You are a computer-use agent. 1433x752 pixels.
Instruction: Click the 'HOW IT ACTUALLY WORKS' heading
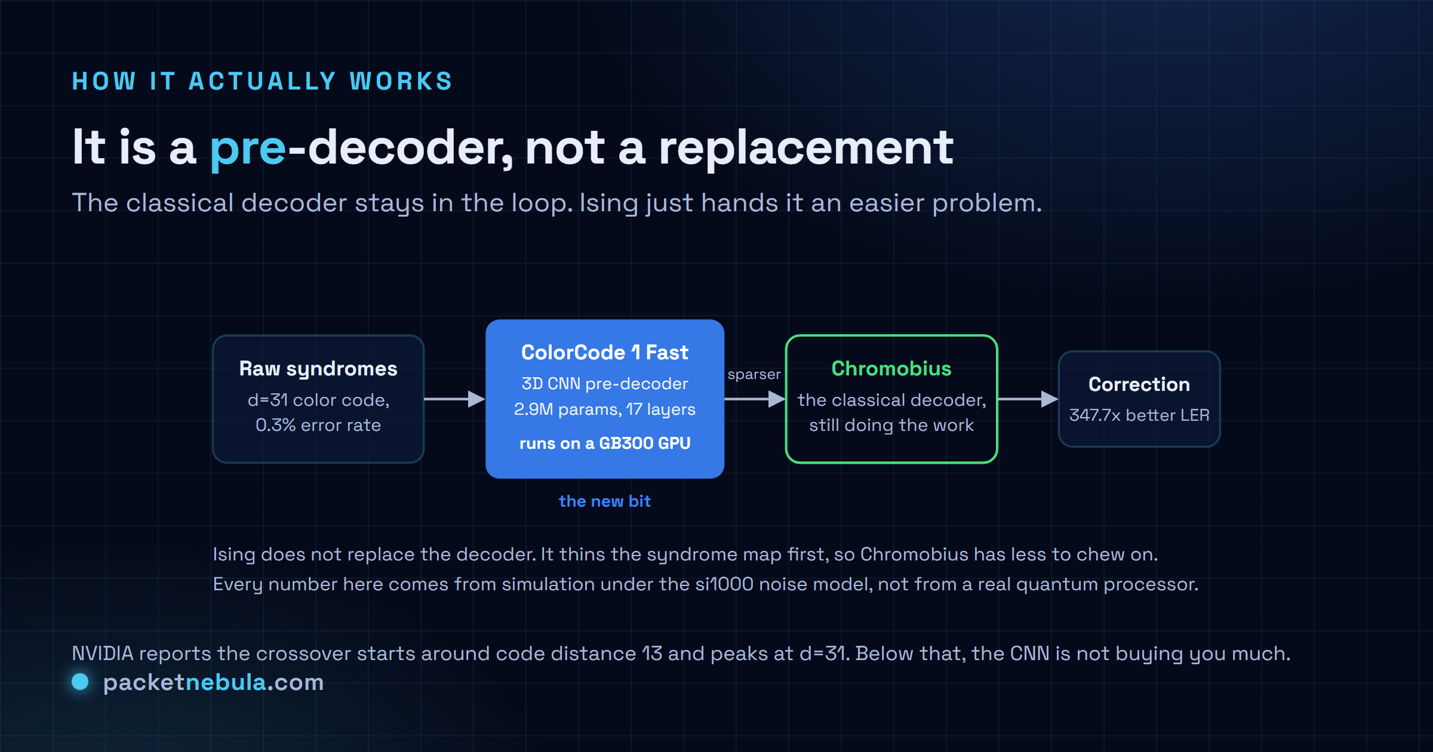pyautogui.click(x=262, y=81)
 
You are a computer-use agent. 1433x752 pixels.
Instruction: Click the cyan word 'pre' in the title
pyautogui.click(x=248, y=149)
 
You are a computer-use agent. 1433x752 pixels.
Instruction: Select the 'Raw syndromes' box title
pyautogui.click(x=318, y=369)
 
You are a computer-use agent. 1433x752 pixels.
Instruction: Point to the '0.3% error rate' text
pyautogui.click(x=318, y=425)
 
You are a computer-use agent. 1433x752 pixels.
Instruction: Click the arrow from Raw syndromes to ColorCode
pyautogui.click(x=454, y=399)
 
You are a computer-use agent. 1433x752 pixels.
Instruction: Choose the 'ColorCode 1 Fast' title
pyautogui.click(x=605, y=352)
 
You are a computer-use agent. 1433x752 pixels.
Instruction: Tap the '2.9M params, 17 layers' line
pyautogui.click(x=605, y=409)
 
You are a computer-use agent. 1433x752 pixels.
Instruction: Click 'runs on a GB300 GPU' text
pyautogui.click(x=605, y=443)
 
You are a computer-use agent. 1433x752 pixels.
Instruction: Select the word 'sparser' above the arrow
pyautogui.click(x=754, y=374)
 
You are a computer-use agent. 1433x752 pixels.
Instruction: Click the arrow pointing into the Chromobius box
pyautogui.click(x=755, y=399)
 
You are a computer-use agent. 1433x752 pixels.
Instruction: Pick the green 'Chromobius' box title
pyautogui.click(x=891, y=369)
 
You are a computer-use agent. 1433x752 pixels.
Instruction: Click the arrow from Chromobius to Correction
pyautogui.click(x=1028, y=399)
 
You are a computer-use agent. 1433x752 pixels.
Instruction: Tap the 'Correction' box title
pyautogui.click(x=1139, y=384)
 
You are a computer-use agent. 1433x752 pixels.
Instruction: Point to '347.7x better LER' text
pyautogui.click(x=1139, y=415)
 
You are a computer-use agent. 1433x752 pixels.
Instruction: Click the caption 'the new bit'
pyautogui.click(x=605, y=501)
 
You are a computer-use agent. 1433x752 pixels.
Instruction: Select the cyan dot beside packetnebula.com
pyautogui.click(x=80, y=682)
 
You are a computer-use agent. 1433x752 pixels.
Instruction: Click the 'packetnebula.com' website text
pyautogui.click(x=214, y=682)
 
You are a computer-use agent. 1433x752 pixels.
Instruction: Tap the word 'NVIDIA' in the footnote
pyautogui.click(x=103, y=654)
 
